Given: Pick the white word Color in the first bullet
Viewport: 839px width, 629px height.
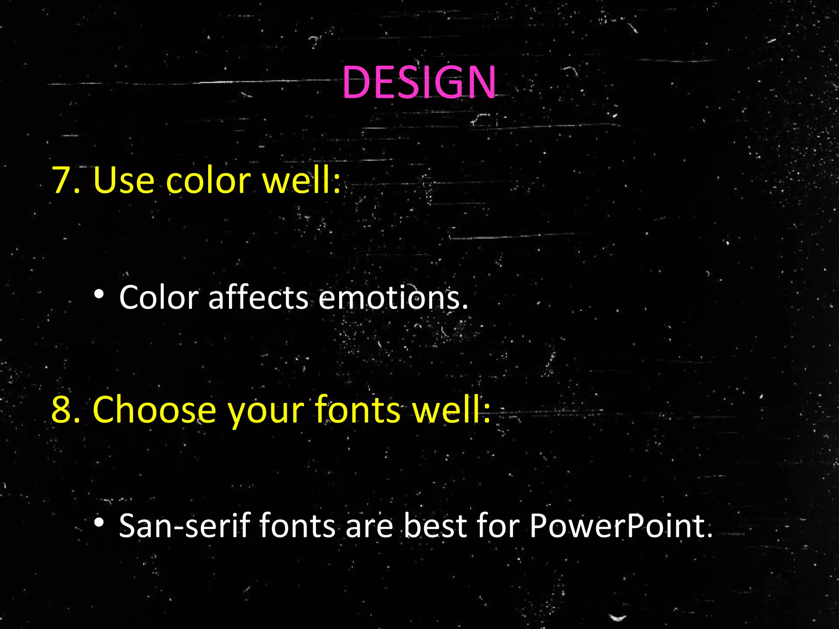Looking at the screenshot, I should pyautogui.click(x=159, y=297).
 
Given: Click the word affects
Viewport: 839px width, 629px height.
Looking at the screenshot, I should pyautogui.click(x=258, y=297).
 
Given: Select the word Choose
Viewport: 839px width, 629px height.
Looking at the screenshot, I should pyautogui.click(x=154, y=410).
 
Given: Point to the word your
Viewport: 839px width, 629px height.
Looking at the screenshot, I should pyautogui.click(x=266, y=412).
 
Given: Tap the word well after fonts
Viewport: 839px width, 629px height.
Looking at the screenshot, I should pyautogui.click(x=451, y=410).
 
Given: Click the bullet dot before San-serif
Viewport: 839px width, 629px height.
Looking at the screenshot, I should pyautogui.click(x=99, y=523).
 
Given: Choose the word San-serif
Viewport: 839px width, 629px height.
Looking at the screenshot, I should pyautogui.click(x=184, y=525).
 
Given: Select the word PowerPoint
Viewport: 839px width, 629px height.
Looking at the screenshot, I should pyautogui.click(x=620, y=525).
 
